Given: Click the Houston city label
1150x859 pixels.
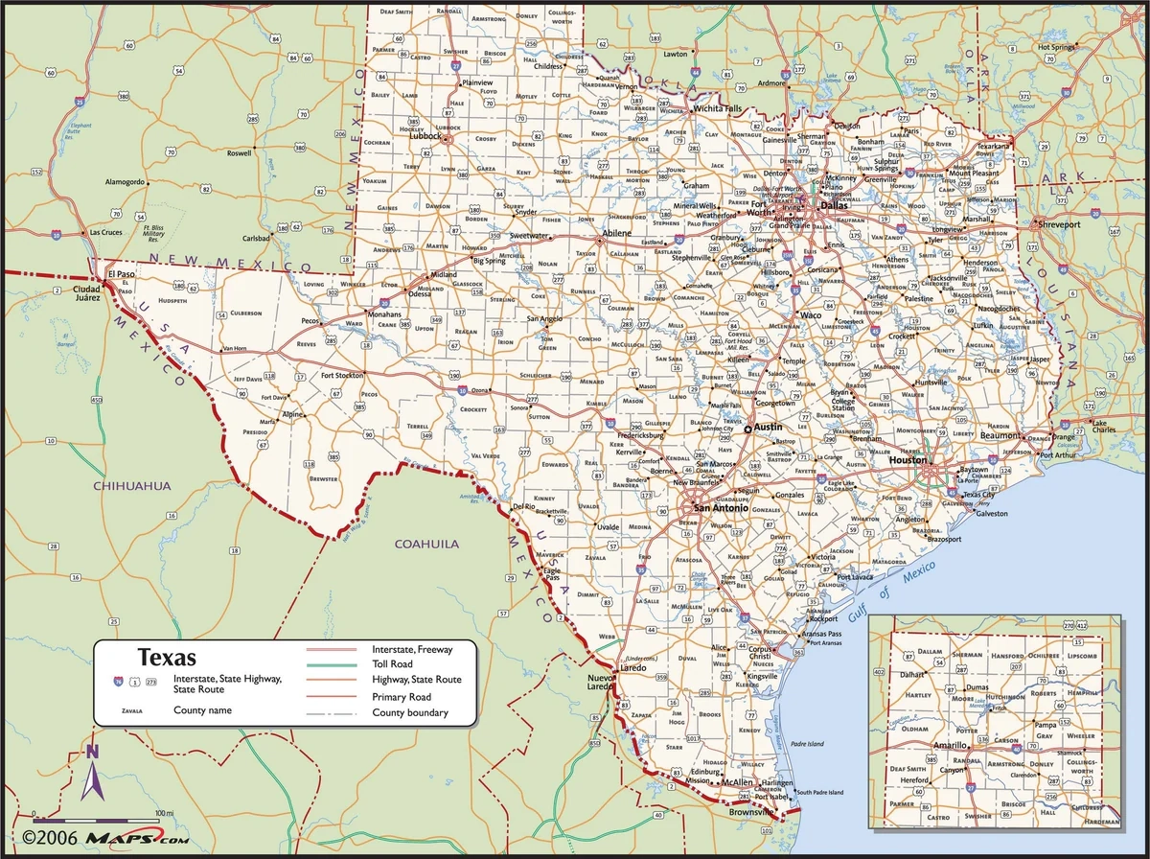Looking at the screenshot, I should (907, 460).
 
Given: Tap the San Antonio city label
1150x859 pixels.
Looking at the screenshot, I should (715, 507).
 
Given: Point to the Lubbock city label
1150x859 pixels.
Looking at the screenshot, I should (425, 136).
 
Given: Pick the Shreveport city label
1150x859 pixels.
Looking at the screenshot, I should (1058, 224).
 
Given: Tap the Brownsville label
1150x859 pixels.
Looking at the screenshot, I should (749, 812).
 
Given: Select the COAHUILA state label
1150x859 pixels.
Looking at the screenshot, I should (426, 544).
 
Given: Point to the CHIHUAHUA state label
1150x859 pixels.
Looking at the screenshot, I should (132, 486).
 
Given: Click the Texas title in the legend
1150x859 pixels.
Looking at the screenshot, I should (168, 658).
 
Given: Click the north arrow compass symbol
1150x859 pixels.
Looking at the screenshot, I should (92, 775).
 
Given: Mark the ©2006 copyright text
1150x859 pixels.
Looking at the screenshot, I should (45, 838).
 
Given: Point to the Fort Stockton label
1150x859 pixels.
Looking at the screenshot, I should (343, 375).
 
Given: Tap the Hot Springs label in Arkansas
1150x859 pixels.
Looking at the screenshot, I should (1058, 46).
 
